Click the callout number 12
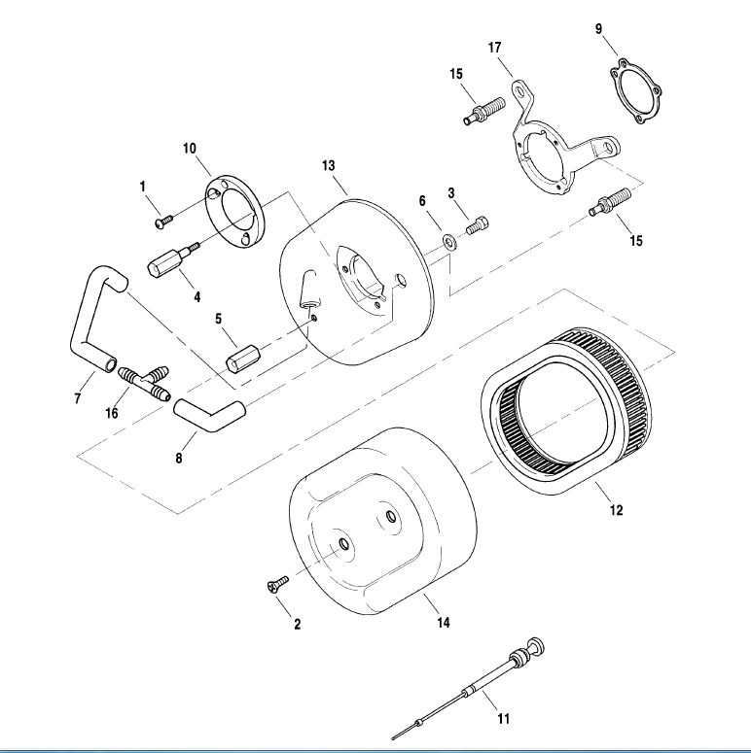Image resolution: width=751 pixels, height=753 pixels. pyautogui.click(x=616, y=509)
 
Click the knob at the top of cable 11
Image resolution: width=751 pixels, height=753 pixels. pyautogui.click(x=533, y=644)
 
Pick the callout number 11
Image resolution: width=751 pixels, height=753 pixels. pyautogui.click(x=503, y=719)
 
